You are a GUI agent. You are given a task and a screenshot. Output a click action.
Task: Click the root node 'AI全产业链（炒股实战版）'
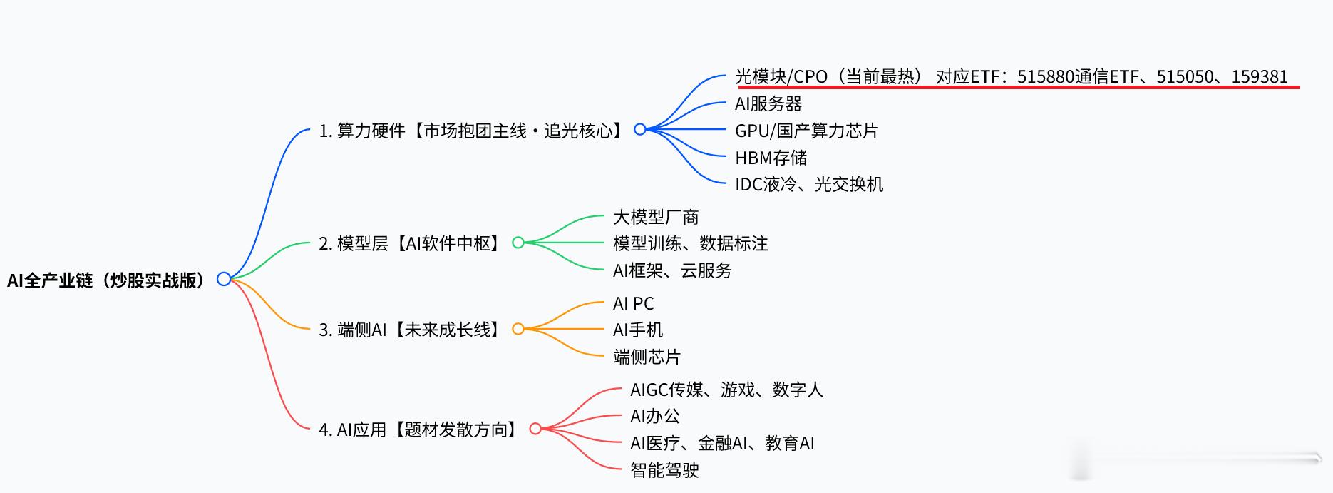click(x=105, y=280)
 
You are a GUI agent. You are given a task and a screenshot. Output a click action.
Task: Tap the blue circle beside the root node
click(x=224, y=279)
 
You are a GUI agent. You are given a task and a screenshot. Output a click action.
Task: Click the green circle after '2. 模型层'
click(x=518, y=243)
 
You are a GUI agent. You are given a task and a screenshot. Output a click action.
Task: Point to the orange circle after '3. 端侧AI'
click(x=518, y=329)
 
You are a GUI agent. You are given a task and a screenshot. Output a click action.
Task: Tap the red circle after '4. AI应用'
click(x=535, y=429)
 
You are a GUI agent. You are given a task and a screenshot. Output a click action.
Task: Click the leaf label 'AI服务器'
click(x=768, y=104)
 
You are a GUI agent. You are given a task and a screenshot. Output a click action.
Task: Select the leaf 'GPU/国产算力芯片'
click(x=806, y=131)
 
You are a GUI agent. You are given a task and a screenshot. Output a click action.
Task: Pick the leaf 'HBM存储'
click(x=771, y=158)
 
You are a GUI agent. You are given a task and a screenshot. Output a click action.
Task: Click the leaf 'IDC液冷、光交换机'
click(x=809, y=184)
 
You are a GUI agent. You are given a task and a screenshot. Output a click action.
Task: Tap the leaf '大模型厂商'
click(x=656, y=217)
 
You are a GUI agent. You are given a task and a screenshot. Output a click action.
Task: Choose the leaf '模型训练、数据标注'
click(x=690, y=243)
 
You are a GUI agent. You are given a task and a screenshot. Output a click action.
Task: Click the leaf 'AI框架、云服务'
click(x=672, y=270)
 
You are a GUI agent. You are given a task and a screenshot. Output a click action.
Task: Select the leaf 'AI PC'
click(x=633, y=303)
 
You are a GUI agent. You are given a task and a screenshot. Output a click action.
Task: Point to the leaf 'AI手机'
click(x=637, y=330)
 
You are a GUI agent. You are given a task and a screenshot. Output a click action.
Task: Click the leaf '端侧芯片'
click(x=647, y=357)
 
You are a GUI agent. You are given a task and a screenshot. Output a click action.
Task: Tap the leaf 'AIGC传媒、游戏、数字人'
click(x=726, y=390)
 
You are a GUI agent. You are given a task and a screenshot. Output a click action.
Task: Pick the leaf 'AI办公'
click(x=654, y=416)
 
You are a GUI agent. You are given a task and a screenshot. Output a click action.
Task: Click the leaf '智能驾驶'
click(x=664, y=470)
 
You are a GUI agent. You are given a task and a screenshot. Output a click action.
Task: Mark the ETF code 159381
click(x=1260, y=76)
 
